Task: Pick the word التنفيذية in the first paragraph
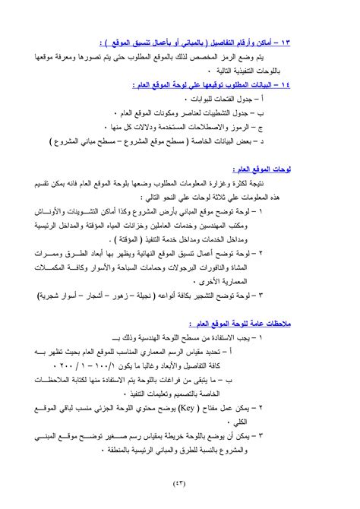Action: (x=277, y=70)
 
